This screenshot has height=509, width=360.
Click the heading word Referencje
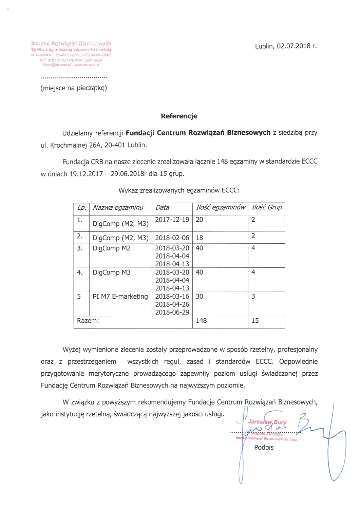(x=179, y=116)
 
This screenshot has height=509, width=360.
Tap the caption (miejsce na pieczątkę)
(x=74, y=88)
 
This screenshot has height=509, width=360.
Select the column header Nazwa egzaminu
(x=118, y=208)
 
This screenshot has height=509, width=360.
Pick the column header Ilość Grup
(x=267, y=207)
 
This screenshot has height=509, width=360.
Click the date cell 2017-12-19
(x=172, y=220)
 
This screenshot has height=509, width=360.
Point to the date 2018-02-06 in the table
(x=172, y=238)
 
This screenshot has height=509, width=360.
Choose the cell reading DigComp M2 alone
(x=112, y=248)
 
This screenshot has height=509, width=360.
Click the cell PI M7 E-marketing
(x=120, y=297)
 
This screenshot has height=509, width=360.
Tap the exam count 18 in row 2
(x=200, y=238)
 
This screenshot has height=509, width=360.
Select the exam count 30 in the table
(x=200, y=297)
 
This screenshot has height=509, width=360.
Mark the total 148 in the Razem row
(x=201, y=321)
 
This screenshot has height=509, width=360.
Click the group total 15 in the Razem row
(x=255, y=321)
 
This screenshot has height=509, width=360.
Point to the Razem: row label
(x=88, y=321)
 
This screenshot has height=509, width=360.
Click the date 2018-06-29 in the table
(x=172, y=312)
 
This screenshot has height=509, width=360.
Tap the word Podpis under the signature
(x=264, y=448)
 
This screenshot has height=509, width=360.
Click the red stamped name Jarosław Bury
(x=267, y=422)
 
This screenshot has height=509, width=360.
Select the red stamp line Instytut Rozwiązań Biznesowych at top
(x=71, y=43)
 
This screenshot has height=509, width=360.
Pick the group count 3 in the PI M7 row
(x=253, y=297)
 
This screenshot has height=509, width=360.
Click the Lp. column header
(x=81, y=208)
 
